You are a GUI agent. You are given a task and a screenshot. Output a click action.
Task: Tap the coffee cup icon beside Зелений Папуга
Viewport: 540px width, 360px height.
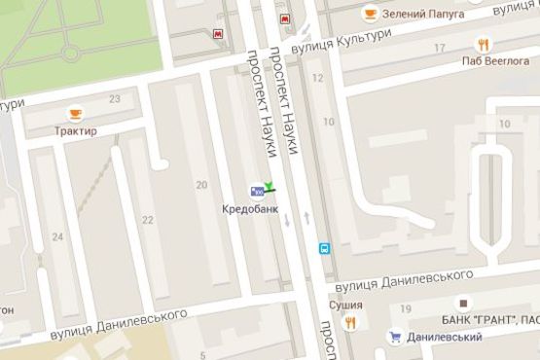tap(370, 13)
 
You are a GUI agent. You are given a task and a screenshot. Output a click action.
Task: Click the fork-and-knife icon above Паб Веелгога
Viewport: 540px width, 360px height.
tap(482, 43)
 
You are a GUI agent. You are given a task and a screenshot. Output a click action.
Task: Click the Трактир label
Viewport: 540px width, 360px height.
tap(75, 130)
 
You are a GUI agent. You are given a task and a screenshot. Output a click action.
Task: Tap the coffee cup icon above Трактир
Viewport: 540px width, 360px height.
tap(74, 113)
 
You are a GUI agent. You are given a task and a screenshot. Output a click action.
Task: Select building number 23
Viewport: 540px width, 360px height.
tap(115, 99)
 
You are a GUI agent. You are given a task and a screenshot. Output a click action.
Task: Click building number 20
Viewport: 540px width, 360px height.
tap(202, 185)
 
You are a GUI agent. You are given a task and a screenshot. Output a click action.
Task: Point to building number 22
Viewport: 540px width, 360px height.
tap(148, 220)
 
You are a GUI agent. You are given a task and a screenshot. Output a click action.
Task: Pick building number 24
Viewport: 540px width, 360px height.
tap(57, 236)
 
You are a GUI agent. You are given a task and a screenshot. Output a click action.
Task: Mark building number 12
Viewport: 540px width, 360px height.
tap(317, 77)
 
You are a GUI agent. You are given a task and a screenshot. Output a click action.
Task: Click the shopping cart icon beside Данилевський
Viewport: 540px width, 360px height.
tap(395, 337)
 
